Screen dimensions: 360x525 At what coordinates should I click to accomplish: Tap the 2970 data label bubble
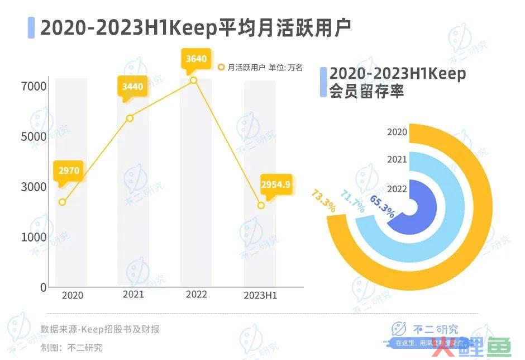point(70,170)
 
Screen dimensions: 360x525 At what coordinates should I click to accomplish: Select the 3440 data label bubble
point(132,87)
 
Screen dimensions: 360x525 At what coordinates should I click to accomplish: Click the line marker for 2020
point(63,202)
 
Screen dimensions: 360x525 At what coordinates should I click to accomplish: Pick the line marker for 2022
point(194,80)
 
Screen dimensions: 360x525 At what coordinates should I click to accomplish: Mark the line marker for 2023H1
point(261,206)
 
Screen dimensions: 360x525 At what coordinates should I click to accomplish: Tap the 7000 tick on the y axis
point(34,87)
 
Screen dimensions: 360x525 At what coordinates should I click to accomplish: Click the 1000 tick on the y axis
point(34,237)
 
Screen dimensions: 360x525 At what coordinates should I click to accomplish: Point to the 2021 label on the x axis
point(133,295)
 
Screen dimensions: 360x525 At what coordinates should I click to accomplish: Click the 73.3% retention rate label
point(323,202)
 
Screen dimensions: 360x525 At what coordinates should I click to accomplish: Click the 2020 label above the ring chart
point(397,132)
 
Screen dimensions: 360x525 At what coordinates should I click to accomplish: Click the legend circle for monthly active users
point(221,68)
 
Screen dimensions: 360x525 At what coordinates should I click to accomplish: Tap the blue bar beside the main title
point(31,27)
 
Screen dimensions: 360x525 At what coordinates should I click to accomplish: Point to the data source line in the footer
point(100,329)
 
